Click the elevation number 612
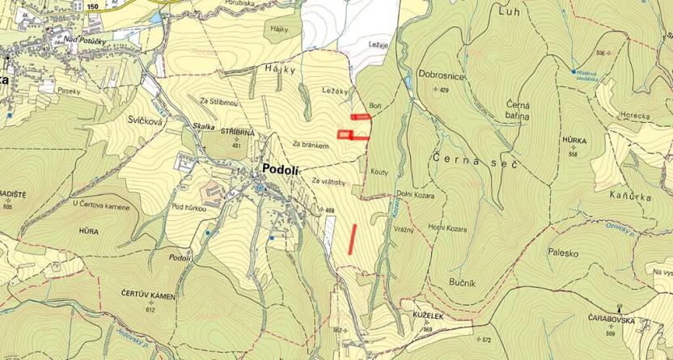150,310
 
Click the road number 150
92,6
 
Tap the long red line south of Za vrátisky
352,239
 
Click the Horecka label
636,116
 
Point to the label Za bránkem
311,145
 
